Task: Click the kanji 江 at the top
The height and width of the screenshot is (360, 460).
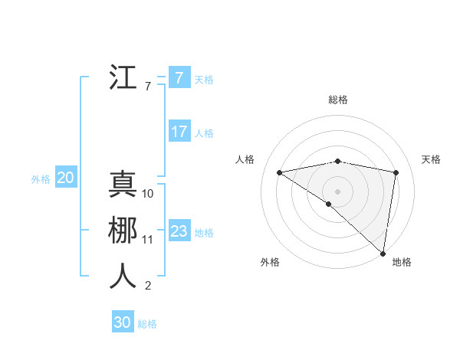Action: tap(123, 77)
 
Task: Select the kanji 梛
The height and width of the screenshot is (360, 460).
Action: tap(123, 231)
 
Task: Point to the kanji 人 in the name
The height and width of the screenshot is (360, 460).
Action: tap(123, 277)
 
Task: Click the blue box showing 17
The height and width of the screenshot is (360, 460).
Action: tap(179, 132)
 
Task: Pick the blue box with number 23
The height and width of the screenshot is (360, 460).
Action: tap(179, 231)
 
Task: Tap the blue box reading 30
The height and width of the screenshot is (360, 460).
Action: tap(123, 322)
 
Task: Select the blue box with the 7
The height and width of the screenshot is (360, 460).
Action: tap(179, 78)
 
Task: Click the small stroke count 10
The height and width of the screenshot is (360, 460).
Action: tap(148, 194)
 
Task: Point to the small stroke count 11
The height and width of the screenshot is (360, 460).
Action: tap(148, 240)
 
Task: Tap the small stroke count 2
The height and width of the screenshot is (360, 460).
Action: tap(148, 286)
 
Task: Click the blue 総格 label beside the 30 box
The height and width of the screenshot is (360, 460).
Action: tap(147, 324)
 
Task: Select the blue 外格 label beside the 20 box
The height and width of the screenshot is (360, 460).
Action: tap(41, 179)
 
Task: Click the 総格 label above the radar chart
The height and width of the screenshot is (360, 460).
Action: tap(338, 100)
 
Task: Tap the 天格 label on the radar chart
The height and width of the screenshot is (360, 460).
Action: tap(432, 159)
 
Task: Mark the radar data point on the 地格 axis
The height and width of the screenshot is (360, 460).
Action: tap(383, 252)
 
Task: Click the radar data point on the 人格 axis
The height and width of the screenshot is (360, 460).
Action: tap(279, 172)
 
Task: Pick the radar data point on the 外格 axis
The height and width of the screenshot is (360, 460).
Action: tap(328, 204)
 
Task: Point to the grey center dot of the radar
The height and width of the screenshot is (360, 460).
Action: tap(337, 190)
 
